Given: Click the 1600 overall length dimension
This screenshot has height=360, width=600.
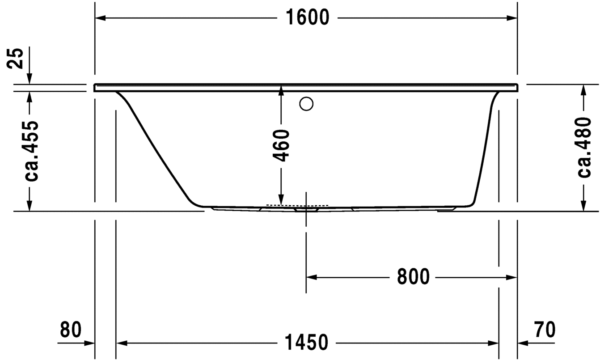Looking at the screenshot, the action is point(308,18).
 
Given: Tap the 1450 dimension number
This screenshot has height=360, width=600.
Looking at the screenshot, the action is point(306,343).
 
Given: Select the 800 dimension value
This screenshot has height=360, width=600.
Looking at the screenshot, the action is point(413,277).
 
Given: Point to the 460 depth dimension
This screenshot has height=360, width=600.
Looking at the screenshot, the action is point(281,145).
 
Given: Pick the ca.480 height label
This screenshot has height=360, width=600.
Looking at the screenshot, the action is point(584,147).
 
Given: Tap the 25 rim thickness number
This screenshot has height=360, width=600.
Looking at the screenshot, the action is point(15,59).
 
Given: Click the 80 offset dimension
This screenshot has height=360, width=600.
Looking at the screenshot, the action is point(71,330).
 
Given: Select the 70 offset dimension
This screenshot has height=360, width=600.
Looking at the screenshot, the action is point(545,330).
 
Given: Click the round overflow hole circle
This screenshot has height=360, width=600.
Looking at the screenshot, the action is point(306,104).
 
